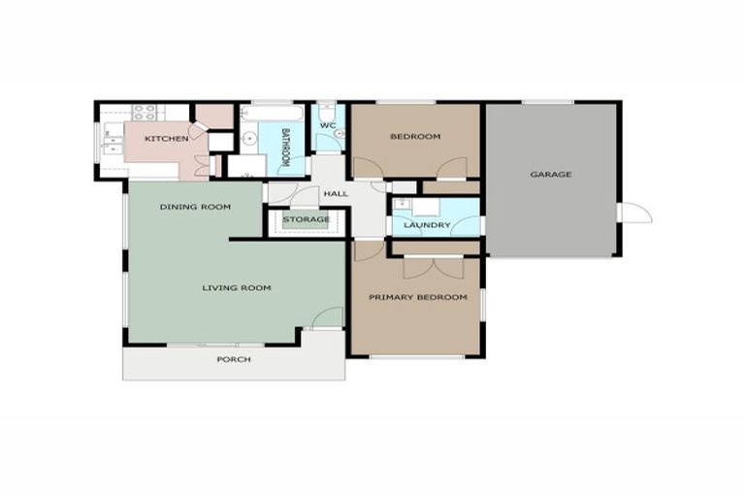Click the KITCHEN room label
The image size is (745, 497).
pos(166,139)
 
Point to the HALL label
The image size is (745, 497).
pos(336,194)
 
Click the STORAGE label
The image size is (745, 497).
pos(306,220)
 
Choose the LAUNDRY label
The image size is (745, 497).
pos(427,225)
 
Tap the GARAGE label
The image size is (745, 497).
pos(550,175)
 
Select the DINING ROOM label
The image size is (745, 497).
pos(195,207)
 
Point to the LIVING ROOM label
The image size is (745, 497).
pos(236,287)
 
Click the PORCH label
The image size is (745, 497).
pos(235,359)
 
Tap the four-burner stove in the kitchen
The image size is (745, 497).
pos(146,112)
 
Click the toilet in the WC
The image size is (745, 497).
pos(326,109)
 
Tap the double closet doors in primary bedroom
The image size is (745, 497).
pos(434,265)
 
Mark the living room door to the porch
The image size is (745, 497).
pos(329,316)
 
